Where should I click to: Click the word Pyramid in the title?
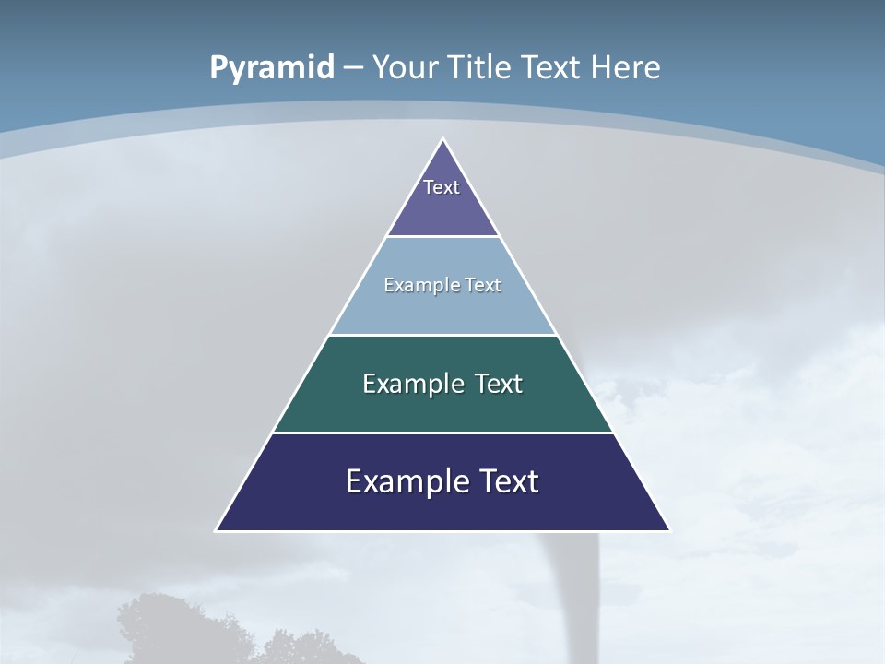[271, 68]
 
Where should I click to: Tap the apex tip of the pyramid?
[442, 140]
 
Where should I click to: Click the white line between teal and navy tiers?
[442, 433]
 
